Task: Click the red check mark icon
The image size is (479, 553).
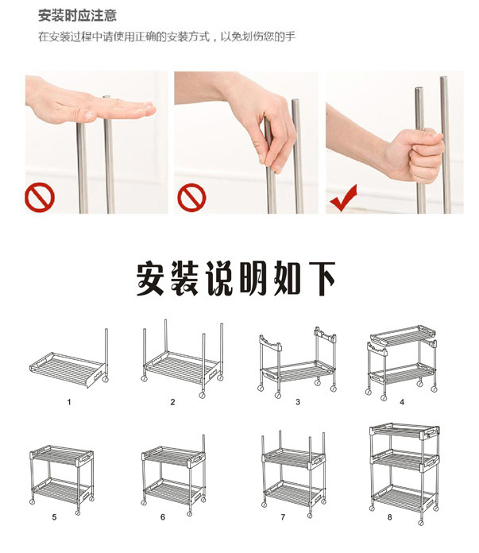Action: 343,199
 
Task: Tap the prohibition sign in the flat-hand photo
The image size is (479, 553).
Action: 40,198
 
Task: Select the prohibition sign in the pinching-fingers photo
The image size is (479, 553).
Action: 191,198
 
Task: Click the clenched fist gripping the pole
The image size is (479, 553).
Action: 423,154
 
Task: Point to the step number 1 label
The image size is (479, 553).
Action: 69,402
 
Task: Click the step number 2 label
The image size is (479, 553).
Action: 172,402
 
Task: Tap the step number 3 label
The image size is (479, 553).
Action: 298,402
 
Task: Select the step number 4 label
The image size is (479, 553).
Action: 402,402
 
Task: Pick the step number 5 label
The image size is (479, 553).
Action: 54,517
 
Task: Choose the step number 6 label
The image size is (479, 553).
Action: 163,517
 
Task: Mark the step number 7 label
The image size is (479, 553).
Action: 283,517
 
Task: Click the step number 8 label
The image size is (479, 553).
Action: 390,517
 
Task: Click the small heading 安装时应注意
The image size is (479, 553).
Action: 78,16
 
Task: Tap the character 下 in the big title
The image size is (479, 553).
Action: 322,279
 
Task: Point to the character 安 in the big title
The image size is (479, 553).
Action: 150,279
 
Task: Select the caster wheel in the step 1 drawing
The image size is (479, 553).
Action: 105,379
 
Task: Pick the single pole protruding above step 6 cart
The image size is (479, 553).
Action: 203,443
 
